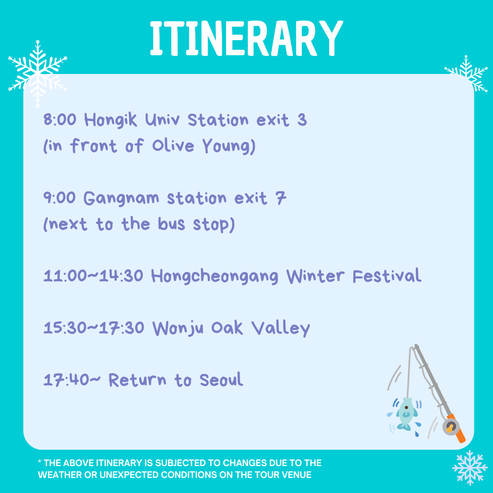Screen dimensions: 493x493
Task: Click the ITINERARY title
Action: point(246,38)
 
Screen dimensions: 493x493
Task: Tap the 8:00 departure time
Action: point(60,120)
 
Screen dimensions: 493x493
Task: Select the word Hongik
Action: point(110,120)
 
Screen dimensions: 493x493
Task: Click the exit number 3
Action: point(302,120)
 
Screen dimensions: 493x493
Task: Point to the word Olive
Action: point(173,146)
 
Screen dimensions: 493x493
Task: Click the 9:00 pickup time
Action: point(59,198)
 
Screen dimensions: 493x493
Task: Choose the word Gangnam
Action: point(121,199)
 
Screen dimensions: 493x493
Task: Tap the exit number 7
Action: point(281,198)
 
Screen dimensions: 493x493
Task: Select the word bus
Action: point(171,224)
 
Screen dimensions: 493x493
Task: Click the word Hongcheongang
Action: point(215,276)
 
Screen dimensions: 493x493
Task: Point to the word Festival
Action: point(387,275)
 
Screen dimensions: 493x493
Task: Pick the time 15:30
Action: point(60,328)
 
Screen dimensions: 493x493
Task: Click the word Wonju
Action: point(178,328)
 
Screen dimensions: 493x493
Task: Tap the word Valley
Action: point(281,328)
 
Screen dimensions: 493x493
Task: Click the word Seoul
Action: point(221,379)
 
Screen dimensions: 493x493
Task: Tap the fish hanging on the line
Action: point(406,414)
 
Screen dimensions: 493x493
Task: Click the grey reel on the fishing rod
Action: point(451,427)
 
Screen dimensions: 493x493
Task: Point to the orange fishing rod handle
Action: point(457,429)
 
